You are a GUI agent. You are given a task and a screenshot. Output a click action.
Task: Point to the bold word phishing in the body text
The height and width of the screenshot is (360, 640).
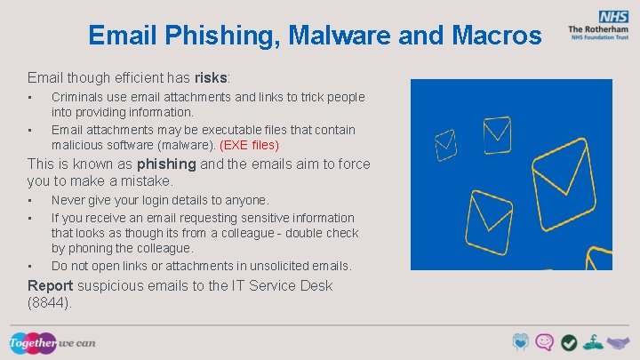point(166,164)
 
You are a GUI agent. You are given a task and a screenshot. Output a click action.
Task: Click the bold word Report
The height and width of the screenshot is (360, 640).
point(52,285)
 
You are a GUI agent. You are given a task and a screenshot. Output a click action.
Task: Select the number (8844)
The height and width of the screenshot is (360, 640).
point(50,302)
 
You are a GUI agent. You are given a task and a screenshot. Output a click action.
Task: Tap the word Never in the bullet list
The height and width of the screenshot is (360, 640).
point(68,201)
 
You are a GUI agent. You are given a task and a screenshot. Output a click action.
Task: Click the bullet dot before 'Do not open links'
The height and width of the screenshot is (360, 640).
point(30,267)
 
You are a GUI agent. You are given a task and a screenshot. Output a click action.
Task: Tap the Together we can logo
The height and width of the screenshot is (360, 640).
point(52,342)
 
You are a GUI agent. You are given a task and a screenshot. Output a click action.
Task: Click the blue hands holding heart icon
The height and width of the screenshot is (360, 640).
point(522,342)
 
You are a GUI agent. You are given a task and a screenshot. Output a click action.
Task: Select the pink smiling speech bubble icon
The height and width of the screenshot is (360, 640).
point(545,342)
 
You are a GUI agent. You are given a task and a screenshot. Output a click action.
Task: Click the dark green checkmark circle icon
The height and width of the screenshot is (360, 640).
point(568,342)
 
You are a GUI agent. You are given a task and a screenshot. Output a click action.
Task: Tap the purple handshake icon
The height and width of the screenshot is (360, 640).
point(617,342)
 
